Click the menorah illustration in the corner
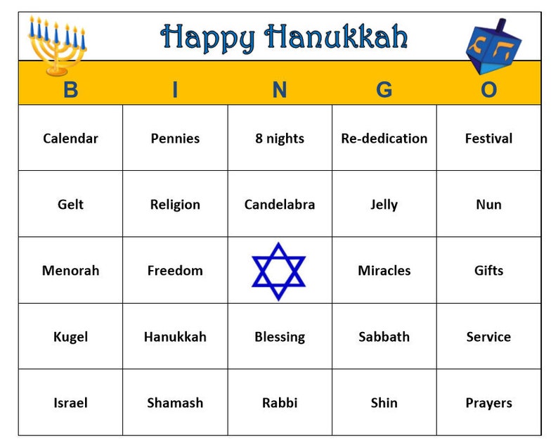pyautogui.click(x=56, y=46)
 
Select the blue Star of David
pyautogui.click(x=279, y=271)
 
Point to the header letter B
pyautogui.click(x=70, y=90)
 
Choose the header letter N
pyautogui.click(x=280, y=90)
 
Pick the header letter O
pyautogui.click(x=488, y=90)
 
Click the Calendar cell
pyautogui.click(x=70, y=139)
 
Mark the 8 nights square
pyautogui.click(x=280, y=139)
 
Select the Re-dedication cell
pyautogui.click(x=384, y=139)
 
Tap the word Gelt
pyautogui.click(x=70, y=205)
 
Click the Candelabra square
pyautogui.click(x=280, y=205)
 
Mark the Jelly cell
pyautogui.click(x=384, y=205)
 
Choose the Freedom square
pyautogui.click(x=175, y=271)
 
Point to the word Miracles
pyautogui.click(x=384, y=271)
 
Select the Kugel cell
pyautogui.click(x=70, y=337)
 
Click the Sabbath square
pyautogui.click(x=384, y=337)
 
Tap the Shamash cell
pyautogui.click(x=175, y=403)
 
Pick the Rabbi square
pyautogui.click(x=280, y=403)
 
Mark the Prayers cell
pyautogui.click(x=488, y=403)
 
